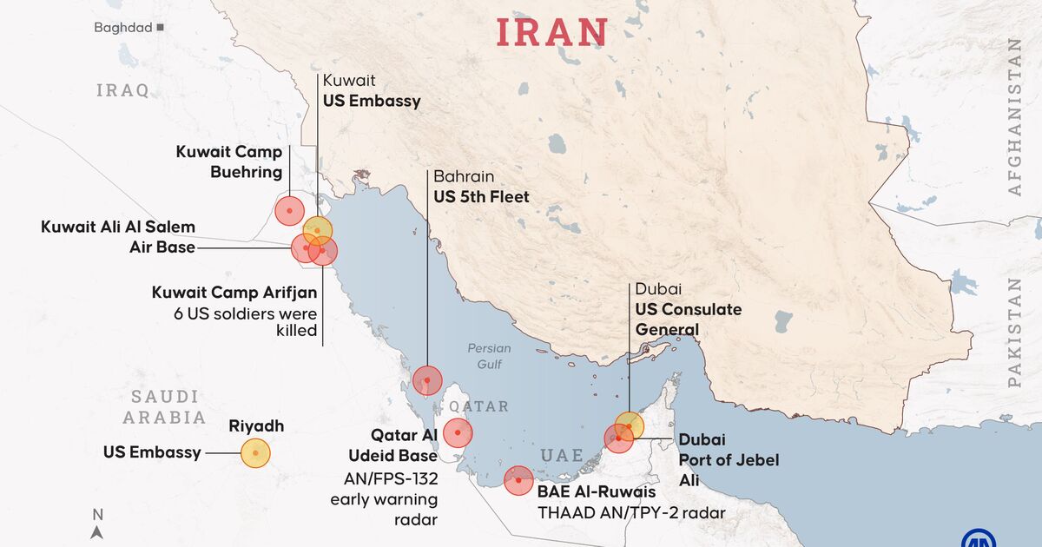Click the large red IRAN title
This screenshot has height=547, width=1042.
coord(551,31)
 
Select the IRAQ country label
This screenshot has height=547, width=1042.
coord(122,90)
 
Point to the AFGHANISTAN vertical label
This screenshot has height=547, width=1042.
coord(1015,117)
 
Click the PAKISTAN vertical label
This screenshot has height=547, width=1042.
coord(1015,332)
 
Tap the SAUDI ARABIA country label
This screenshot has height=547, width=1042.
coord(164,407)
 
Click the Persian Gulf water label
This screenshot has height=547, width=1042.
coord(489,356)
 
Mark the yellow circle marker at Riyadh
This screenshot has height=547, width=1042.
coord(255,453)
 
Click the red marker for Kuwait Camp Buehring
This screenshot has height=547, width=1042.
coord(289,210)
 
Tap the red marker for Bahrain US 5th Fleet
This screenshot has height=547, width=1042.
coord(427,380)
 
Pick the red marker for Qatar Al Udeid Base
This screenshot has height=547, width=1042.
coord(458,432)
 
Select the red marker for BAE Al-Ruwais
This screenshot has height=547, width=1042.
coord(518,480)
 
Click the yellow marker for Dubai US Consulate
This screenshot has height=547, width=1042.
coord(630,426)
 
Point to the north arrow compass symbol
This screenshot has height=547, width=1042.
coord(97,525)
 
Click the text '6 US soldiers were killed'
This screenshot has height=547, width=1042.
coord(246,322)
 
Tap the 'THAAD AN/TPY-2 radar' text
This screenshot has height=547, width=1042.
coord(631,513)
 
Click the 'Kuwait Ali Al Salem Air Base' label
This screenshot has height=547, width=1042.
coord(118,236)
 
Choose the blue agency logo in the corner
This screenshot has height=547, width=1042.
coord(979,537)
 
